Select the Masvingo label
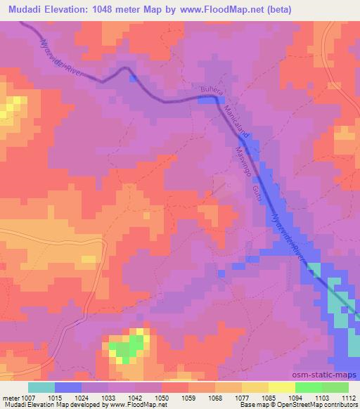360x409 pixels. pos(245,161)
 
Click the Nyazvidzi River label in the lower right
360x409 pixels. pos(290,239)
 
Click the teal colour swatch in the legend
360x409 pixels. pos(41,387)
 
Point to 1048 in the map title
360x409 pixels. pos(116,10)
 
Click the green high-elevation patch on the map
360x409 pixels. pos(126,346)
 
